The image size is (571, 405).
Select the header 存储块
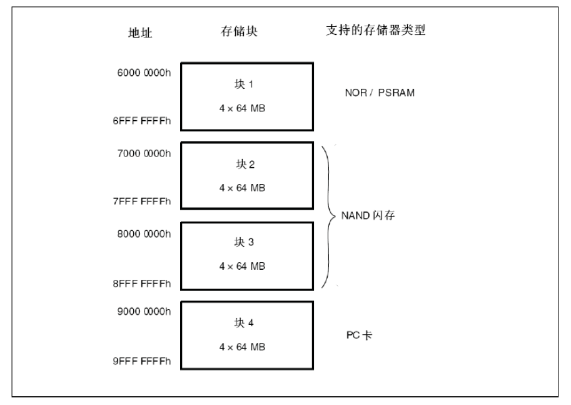240,32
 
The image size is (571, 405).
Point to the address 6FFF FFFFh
141,122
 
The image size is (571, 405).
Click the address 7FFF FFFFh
141,202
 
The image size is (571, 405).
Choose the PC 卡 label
361,336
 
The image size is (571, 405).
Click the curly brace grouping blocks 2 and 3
328,217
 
